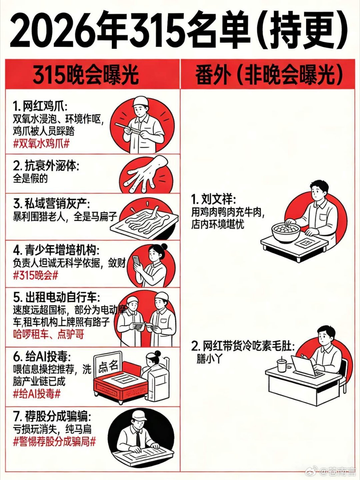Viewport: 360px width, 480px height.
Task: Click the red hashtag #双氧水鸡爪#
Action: [x=41, y=144]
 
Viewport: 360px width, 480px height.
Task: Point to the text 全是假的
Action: [x=30, y=178]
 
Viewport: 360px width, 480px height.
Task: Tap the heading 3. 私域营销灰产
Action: [x=52, y=204]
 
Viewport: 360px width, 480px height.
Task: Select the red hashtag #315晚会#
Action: [x=36, y=276]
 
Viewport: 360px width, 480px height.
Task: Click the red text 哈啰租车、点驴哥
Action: [x=49, y=334]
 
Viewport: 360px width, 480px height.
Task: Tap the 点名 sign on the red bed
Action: [x=108, y=366]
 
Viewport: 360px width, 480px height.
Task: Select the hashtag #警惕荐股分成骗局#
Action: [x=54, y=442]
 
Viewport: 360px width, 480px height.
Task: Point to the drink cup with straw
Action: [x=282, y=364]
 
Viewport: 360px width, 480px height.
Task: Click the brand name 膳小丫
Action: [x=209, y=359]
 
